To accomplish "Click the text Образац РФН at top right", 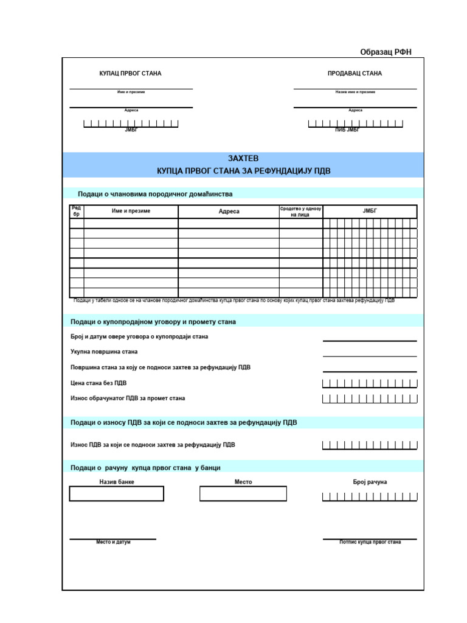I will point(386,52).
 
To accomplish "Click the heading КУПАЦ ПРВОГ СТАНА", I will point(130,74).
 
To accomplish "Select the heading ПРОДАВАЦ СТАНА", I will point(355,74).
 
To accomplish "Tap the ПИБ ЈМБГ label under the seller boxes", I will point(347,130).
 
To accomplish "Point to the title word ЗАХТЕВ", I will point(243,158).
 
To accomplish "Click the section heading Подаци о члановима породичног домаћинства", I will point(155,194).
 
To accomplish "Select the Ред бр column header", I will point(77,211).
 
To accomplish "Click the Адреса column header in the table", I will point(229,212).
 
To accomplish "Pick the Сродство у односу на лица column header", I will point(300,211).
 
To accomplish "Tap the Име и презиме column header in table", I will point(131,211).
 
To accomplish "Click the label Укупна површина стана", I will point(104,352).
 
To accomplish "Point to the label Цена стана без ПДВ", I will point(99,383).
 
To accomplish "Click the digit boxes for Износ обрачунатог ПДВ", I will point(370,399).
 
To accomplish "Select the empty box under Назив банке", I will point(117,493).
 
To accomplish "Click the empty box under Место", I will point(243,493).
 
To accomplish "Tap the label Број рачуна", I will point(370,482).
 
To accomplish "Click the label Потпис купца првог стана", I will point(370,542).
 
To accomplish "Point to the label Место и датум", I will point(113,542).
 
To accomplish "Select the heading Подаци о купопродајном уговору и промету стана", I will point(153,321).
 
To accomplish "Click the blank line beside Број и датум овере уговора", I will point(370,338).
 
